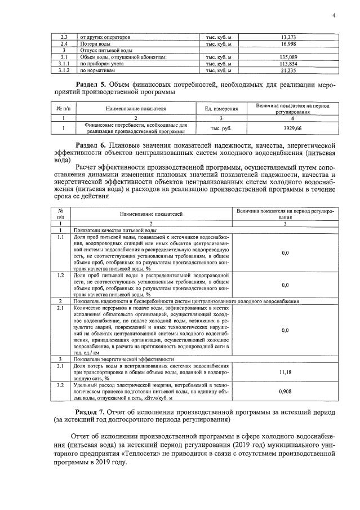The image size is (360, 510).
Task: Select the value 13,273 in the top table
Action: pyautogui.click(x=288, y=37)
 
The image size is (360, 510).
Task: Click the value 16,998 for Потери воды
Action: pyautogui.click(x=288, y=43)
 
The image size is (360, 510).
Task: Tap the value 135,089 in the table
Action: pyautogui.click(x=288, y=57)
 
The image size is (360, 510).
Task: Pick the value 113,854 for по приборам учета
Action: pyautogui.click(x=288, y=64)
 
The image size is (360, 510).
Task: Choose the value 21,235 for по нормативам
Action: pyautogui.click(x=288, y=70)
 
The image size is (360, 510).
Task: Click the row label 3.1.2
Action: pyautogui.click(x=64, y=70)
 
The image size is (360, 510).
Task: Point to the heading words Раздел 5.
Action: pyautogui.click(x=91, y=85)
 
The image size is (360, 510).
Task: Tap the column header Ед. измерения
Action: pyautogui.click(x=221, y=108)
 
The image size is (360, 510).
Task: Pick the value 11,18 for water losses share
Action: pyautogui.click(x=285, y=372)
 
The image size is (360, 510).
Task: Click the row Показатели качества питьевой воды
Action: pyautogui.click(x=115, y=230)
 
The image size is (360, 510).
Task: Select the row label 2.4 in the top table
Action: pyautogui.click(x=64, y=43)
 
